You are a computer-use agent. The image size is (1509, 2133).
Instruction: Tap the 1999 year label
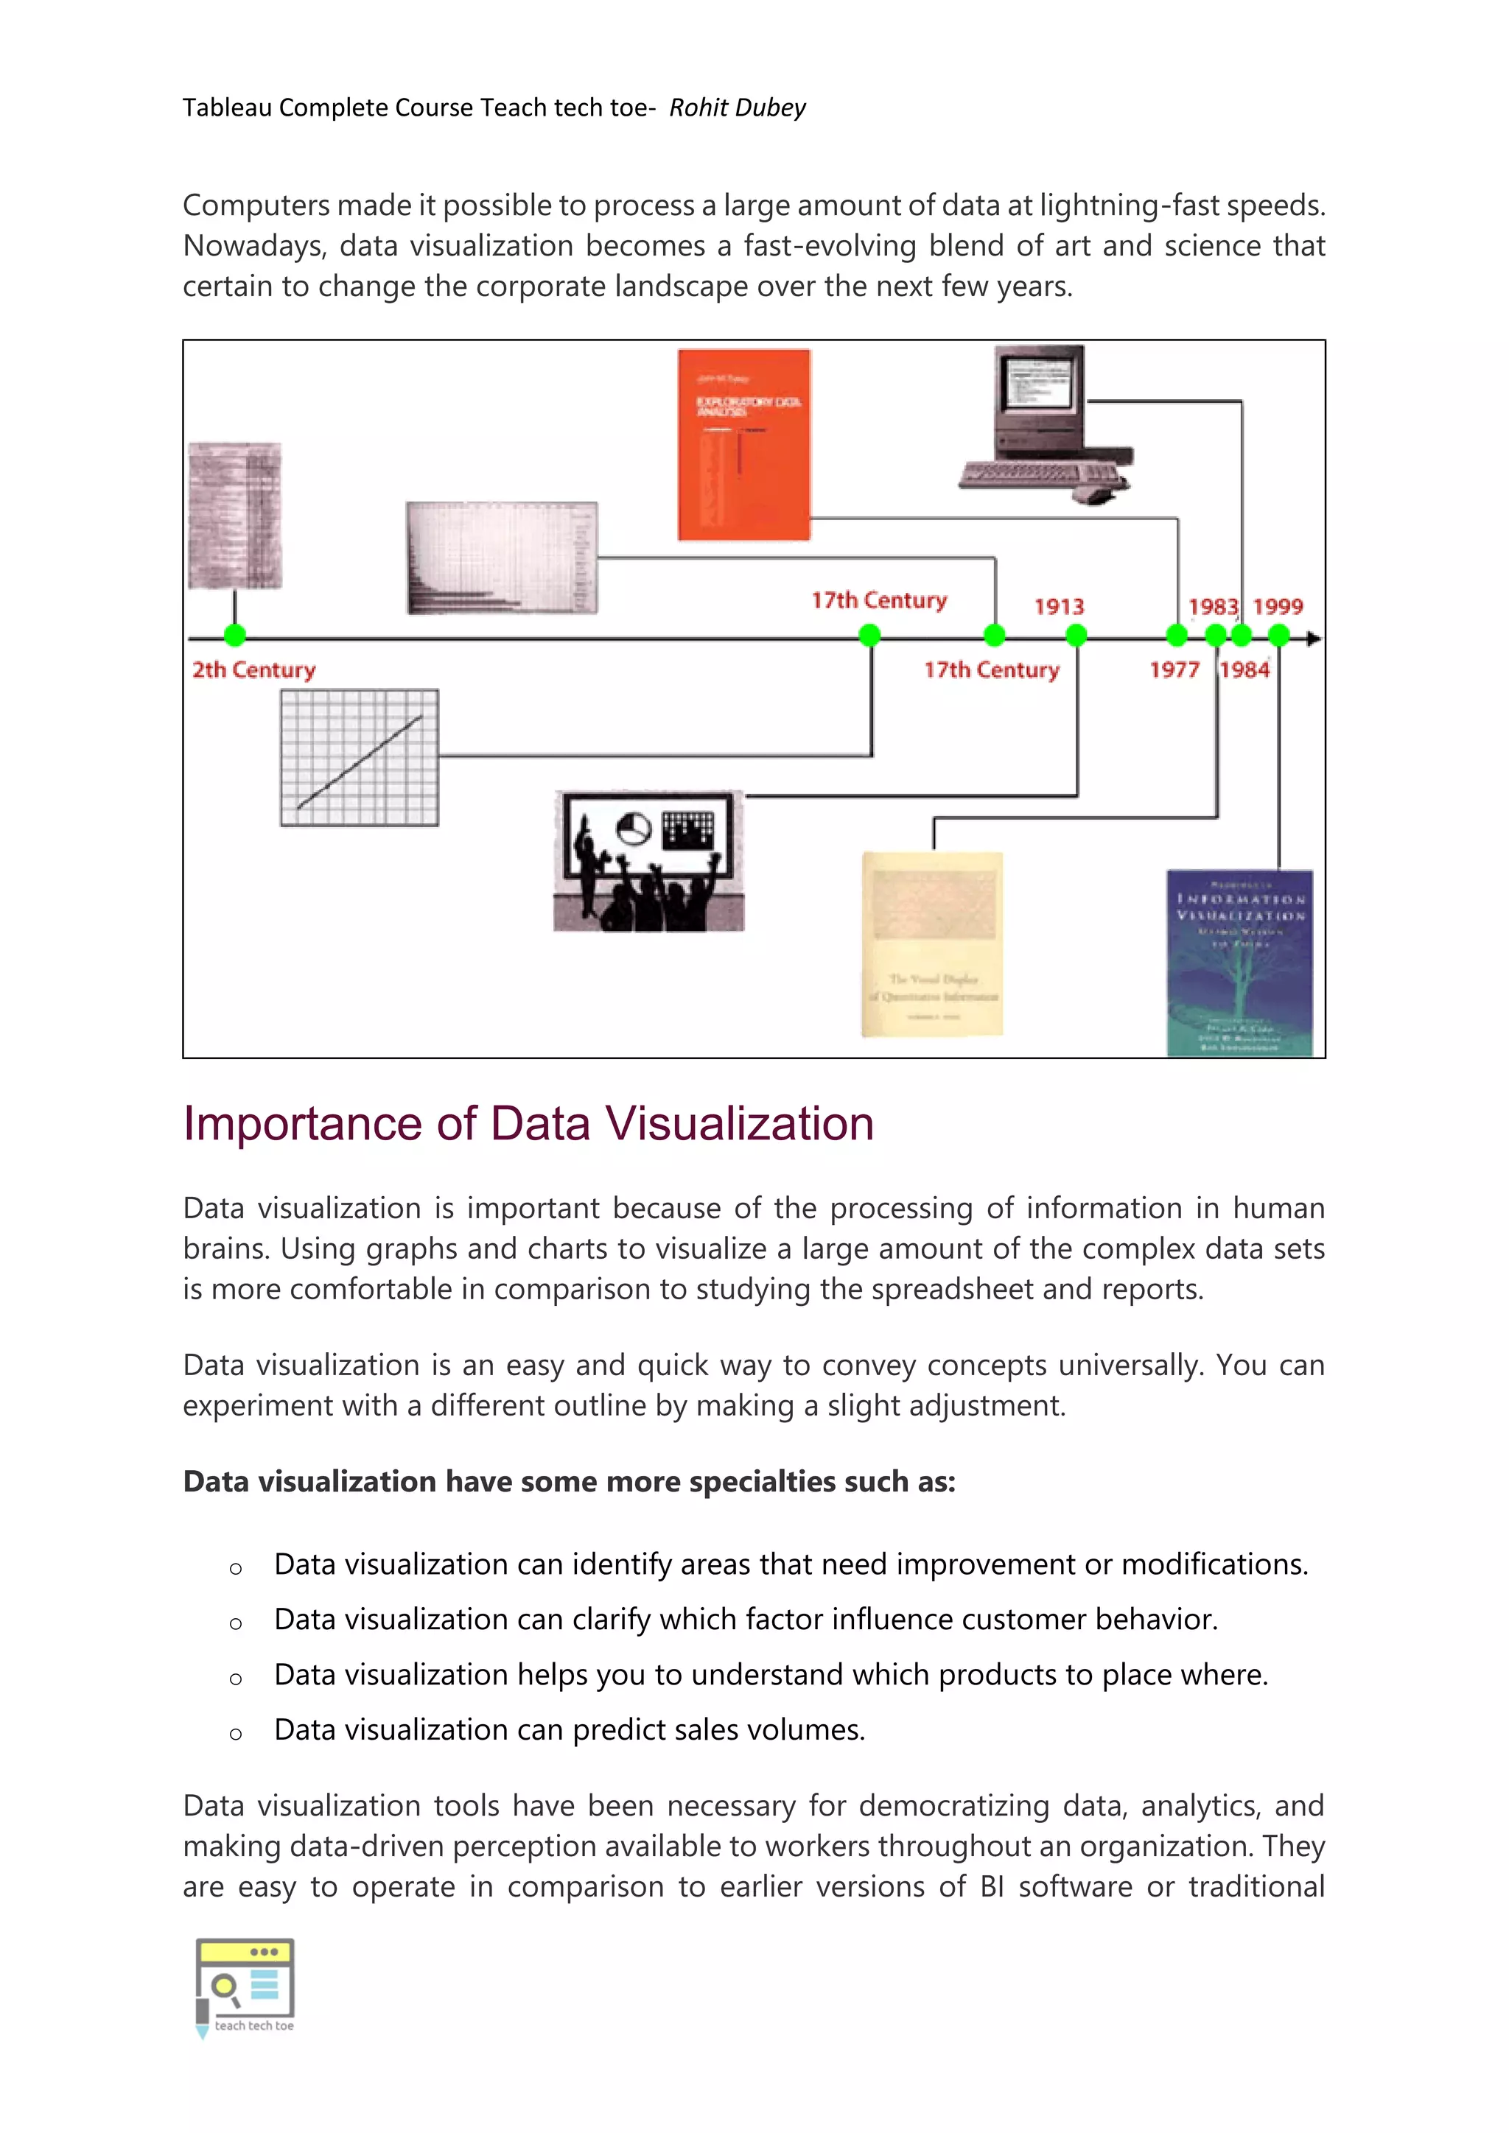[x=1278, y=607]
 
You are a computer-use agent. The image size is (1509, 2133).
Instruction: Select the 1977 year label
[x=1174, y=670]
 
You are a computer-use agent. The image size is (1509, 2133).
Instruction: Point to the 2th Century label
[x=253, y=670]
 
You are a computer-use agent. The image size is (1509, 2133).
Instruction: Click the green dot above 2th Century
[x=235, y=636]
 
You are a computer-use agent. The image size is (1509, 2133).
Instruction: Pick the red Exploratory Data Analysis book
[x=743, y=444]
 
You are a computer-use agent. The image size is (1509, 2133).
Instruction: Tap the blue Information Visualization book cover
[x=1239, y=963]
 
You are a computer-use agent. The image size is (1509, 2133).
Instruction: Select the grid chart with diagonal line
[x=360, y=757]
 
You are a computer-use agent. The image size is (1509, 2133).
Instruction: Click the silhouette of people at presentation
[x=648, y=861]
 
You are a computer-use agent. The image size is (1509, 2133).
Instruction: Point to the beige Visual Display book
[x=932, y=944]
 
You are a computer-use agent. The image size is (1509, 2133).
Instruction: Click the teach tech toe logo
[x=245, y=1987]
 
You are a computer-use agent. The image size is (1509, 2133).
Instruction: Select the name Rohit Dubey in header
[x=737, y=108]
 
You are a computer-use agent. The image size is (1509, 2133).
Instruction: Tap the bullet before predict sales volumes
[x=236, y=1734]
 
